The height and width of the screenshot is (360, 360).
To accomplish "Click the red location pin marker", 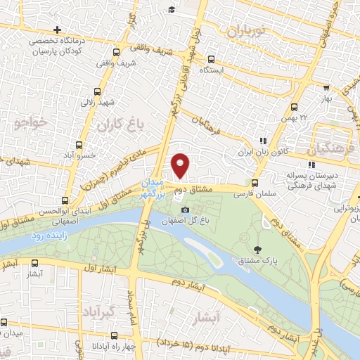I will pyautogui.click(x=181, y=165).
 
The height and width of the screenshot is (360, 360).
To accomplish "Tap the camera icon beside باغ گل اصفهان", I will pyautogui.click(x=185, y=210).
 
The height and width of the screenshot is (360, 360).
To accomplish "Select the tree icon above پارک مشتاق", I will pyautogui.click(x=257, y=250).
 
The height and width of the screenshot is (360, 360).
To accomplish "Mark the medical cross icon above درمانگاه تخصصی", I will pyautogui.click(x=57, y=30).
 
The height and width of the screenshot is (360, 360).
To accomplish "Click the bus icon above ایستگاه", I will pyautogui.click(x=210, y=60).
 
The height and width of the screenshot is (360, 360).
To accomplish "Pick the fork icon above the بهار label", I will pyautogui.click(x=326, y=88).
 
